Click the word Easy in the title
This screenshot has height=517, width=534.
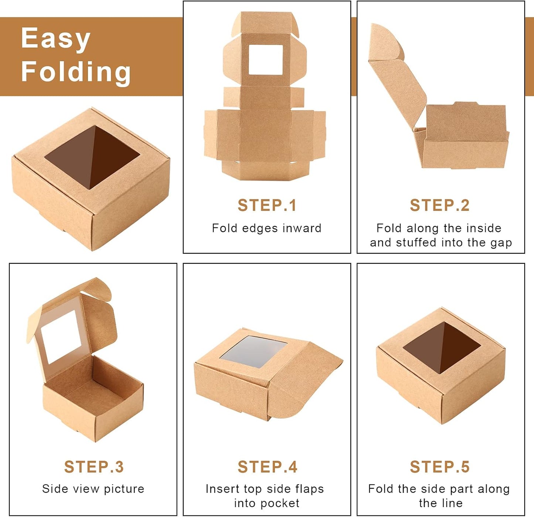click(x=55, y=38)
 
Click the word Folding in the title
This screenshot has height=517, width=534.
click(x=76, y=71)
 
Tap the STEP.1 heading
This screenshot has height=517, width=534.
click(x=267, y=206)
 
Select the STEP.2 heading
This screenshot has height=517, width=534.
click(x=440, y=206)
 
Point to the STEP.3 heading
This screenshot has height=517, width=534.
click(x=94, y=467)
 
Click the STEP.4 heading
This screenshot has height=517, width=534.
click(x=267, y=467)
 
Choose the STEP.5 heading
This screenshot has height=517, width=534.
click(x=440, y=467)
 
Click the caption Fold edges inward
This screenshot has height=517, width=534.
click(x=266, y=228)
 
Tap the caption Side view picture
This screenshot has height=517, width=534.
click(x=93, y=489)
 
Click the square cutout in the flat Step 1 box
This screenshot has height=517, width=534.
click(x=265, y=59)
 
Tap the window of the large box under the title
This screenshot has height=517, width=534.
click(x=92, y=157)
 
